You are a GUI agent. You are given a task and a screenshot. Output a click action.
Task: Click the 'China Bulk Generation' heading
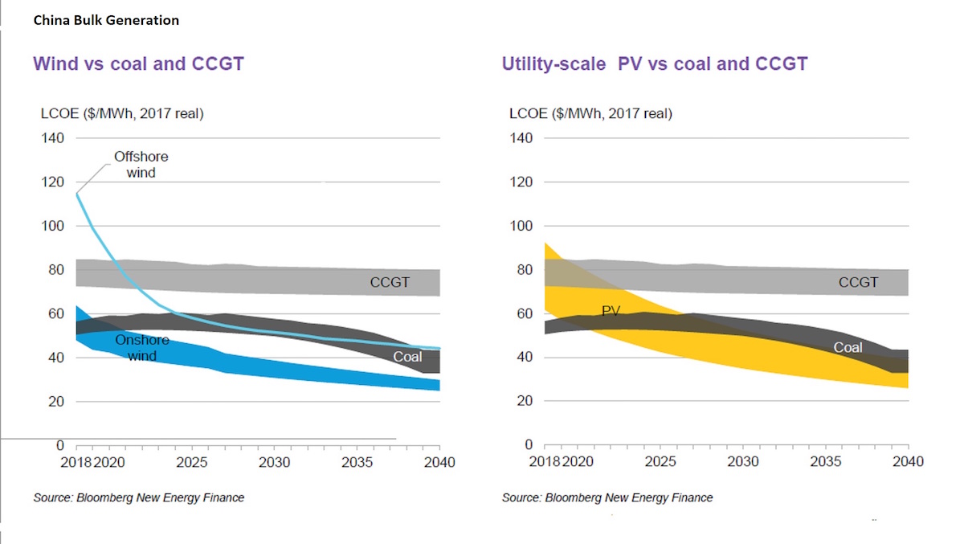106,20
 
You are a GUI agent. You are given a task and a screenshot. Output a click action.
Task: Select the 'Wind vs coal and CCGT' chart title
138,63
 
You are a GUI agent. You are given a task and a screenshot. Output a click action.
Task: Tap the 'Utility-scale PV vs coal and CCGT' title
655,63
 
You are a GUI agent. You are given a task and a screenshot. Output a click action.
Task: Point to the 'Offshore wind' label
141,164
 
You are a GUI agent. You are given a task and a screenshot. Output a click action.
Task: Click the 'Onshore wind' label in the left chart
141,347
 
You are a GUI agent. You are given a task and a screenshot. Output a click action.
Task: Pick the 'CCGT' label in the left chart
390,283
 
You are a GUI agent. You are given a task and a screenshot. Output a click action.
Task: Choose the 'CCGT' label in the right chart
858,283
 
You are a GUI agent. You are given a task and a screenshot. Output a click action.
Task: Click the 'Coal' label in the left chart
407,356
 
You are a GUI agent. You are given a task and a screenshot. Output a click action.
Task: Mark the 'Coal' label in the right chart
848,347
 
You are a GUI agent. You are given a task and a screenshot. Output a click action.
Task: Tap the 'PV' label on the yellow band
611,310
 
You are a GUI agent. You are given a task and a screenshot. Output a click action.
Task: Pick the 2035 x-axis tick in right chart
825,463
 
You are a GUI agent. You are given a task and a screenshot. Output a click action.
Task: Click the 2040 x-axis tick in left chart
439,463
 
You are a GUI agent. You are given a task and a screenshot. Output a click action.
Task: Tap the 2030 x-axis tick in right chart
743,463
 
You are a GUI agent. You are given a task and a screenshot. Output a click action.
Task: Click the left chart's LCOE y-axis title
122,114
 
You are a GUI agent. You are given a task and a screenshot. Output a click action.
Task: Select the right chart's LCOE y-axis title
590,114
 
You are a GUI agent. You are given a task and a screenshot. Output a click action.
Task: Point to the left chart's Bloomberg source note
138,497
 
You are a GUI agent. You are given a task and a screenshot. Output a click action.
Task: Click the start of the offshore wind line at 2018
77,193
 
